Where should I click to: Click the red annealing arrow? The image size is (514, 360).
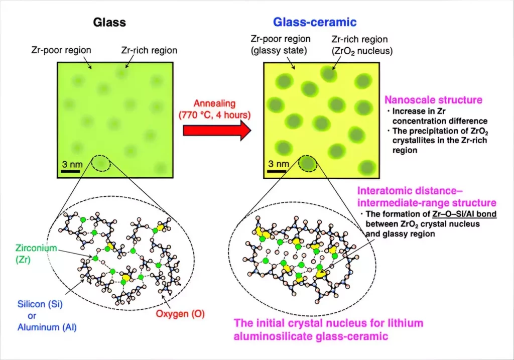pos(217,131)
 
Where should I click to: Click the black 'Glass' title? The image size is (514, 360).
pos(109,22)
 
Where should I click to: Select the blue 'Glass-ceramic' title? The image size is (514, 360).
pos(315,22)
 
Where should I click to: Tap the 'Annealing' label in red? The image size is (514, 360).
pos(214,103)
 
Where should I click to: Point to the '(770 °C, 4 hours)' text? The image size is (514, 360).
pos(214,115)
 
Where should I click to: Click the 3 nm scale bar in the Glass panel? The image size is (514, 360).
pos(70,171)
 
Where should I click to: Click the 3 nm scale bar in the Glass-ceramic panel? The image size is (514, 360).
pos(277,171)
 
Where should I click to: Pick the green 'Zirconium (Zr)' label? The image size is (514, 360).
pos(36,254)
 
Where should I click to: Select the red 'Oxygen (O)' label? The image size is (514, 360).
pos(180,314)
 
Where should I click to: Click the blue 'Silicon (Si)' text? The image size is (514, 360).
pos(40,304)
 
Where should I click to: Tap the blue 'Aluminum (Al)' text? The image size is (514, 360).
pos(47,327)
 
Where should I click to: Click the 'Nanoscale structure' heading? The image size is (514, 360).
pos(433,100)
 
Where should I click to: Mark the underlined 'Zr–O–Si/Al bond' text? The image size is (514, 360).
pos(464,214)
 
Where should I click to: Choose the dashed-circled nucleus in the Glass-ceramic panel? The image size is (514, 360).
pos(308,163)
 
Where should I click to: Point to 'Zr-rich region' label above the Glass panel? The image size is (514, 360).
pos(149,50)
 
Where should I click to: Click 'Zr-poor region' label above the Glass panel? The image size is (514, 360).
pos(61,50)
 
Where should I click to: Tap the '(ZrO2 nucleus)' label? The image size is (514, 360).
pos(362,51)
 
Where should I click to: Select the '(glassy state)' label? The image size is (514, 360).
pos(279,51)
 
